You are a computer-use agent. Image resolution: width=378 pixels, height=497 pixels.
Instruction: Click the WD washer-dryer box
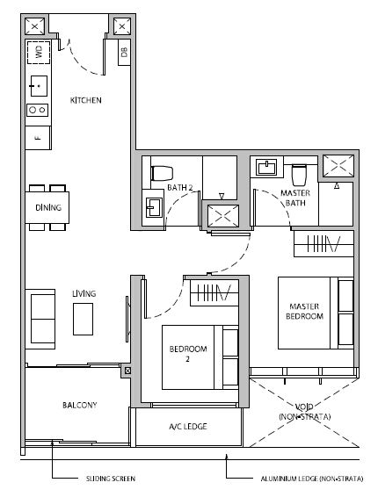[x=39, y=52]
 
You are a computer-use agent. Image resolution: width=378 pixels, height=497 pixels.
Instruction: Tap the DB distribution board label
[x=124, y=52]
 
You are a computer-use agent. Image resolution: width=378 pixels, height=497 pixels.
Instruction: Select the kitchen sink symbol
[x=39, y=86]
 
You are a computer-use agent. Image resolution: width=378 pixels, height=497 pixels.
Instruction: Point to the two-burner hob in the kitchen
[x=38, y=110]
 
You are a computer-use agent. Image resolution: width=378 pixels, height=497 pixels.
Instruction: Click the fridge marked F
[x=38, y=138]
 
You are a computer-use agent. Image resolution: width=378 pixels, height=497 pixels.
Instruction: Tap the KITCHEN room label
[x=85, y=100]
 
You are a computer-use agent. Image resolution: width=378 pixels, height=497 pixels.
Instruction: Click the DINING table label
[x=48, y=207]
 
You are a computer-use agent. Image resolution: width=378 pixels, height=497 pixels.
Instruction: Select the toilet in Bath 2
[x=162, y=173]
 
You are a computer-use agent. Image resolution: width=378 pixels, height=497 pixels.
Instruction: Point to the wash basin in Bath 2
[x=154, y=207]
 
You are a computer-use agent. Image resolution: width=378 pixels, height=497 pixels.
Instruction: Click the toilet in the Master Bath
[x=299, y=175]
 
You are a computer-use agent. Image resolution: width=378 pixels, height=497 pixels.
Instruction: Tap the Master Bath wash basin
[x=267, y=167]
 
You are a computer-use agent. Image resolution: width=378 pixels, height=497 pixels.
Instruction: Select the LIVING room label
[x=84, y=293]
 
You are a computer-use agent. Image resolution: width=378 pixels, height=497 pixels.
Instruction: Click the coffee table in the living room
[x=84, y=319]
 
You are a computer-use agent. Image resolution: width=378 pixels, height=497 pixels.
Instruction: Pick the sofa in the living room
[x=40, y=319]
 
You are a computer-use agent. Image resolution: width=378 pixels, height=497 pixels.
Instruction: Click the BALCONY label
[x=80, y=405]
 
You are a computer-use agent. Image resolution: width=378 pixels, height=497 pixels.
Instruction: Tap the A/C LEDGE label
[x=188, y=427]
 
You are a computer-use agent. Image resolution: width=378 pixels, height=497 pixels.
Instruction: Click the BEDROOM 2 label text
[x=188, y=354]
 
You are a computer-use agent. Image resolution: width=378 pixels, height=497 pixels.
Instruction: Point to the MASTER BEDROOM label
[x=304, y=311]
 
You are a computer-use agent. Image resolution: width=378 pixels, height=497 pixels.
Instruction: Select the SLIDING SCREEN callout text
[x=111, y=479]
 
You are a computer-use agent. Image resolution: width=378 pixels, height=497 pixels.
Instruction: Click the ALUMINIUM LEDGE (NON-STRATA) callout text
[x=312, y=479]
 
